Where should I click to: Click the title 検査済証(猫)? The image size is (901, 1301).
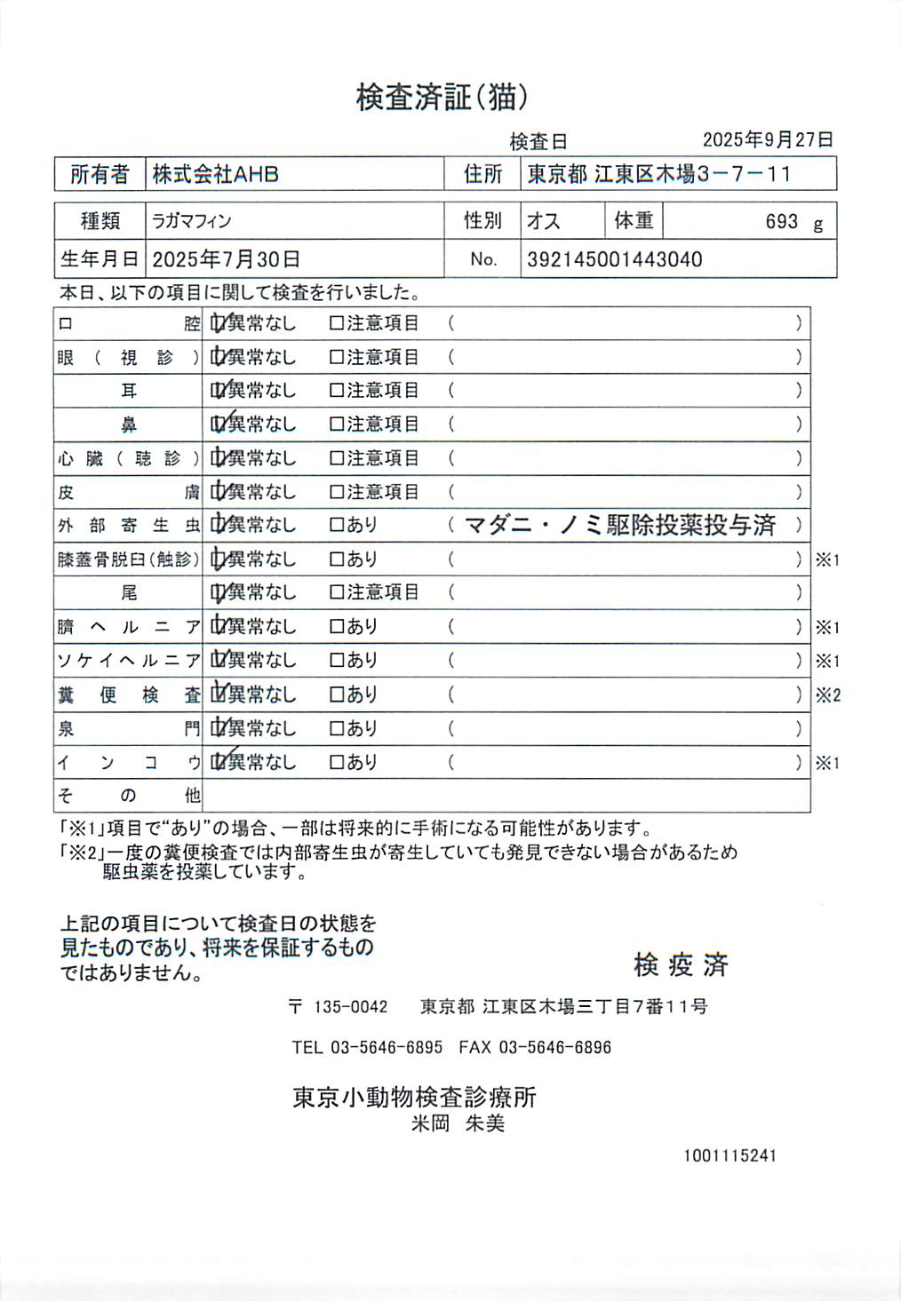tap(442, 97)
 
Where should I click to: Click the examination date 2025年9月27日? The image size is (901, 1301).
tap(768, 139)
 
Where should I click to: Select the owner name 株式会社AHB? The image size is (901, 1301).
tap(216, 174)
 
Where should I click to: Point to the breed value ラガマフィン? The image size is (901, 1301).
tap(191, 221)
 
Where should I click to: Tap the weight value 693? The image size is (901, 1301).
tap(782, 221)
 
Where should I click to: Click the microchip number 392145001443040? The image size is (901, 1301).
tap(614, 259)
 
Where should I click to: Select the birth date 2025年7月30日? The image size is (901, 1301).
tap(226, 259)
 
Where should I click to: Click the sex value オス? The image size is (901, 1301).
tap(544, 221)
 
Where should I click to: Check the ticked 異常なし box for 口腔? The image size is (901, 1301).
tap(218, 323)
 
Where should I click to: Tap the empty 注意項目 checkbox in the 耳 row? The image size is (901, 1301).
tap(336, 391)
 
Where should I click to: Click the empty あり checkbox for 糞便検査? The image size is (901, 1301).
tap(336, 694)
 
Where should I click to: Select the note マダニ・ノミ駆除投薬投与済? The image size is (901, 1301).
tap(620, 525)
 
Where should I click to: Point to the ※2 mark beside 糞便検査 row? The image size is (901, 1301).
tap(827, 695)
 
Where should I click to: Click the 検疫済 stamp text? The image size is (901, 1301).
tap(681, 964)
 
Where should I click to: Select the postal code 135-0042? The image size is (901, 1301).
tap(351, 1006)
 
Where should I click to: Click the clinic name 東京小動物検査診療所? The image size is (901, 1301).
tap(415, 1098)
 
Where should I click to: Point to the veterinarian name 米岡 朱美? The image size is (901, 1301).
tap(458, 1123)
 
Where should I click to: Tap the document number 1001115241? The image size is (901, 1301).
tap(730, 1155)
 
